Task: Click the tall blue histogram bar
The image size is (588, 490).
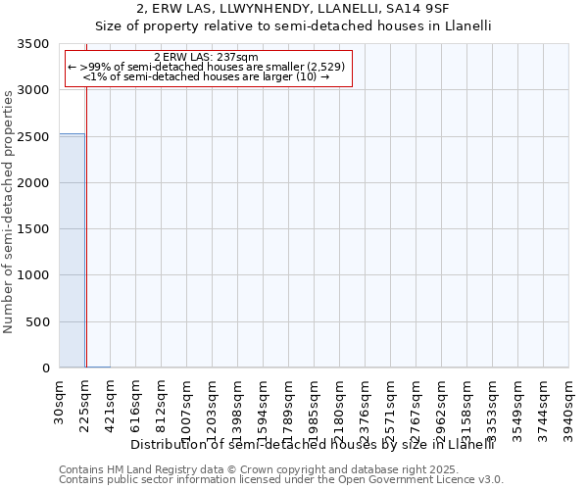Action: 72,250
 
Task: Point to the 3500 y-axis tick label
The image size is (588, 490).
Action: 32,45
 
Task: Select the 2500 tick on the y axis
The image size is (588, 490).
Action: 32,137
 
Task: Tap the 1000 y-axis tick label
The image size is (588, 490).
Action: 32,276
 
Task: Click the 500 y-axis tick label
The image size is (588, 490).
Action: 37,322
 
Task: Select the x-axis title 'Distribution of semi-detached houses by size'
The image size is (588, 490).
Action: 312,444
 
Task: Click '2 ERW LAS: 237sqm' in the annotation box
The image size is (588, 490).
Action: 207,57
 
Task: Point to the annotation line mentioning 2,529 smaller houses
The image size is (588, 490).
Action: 207,67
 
